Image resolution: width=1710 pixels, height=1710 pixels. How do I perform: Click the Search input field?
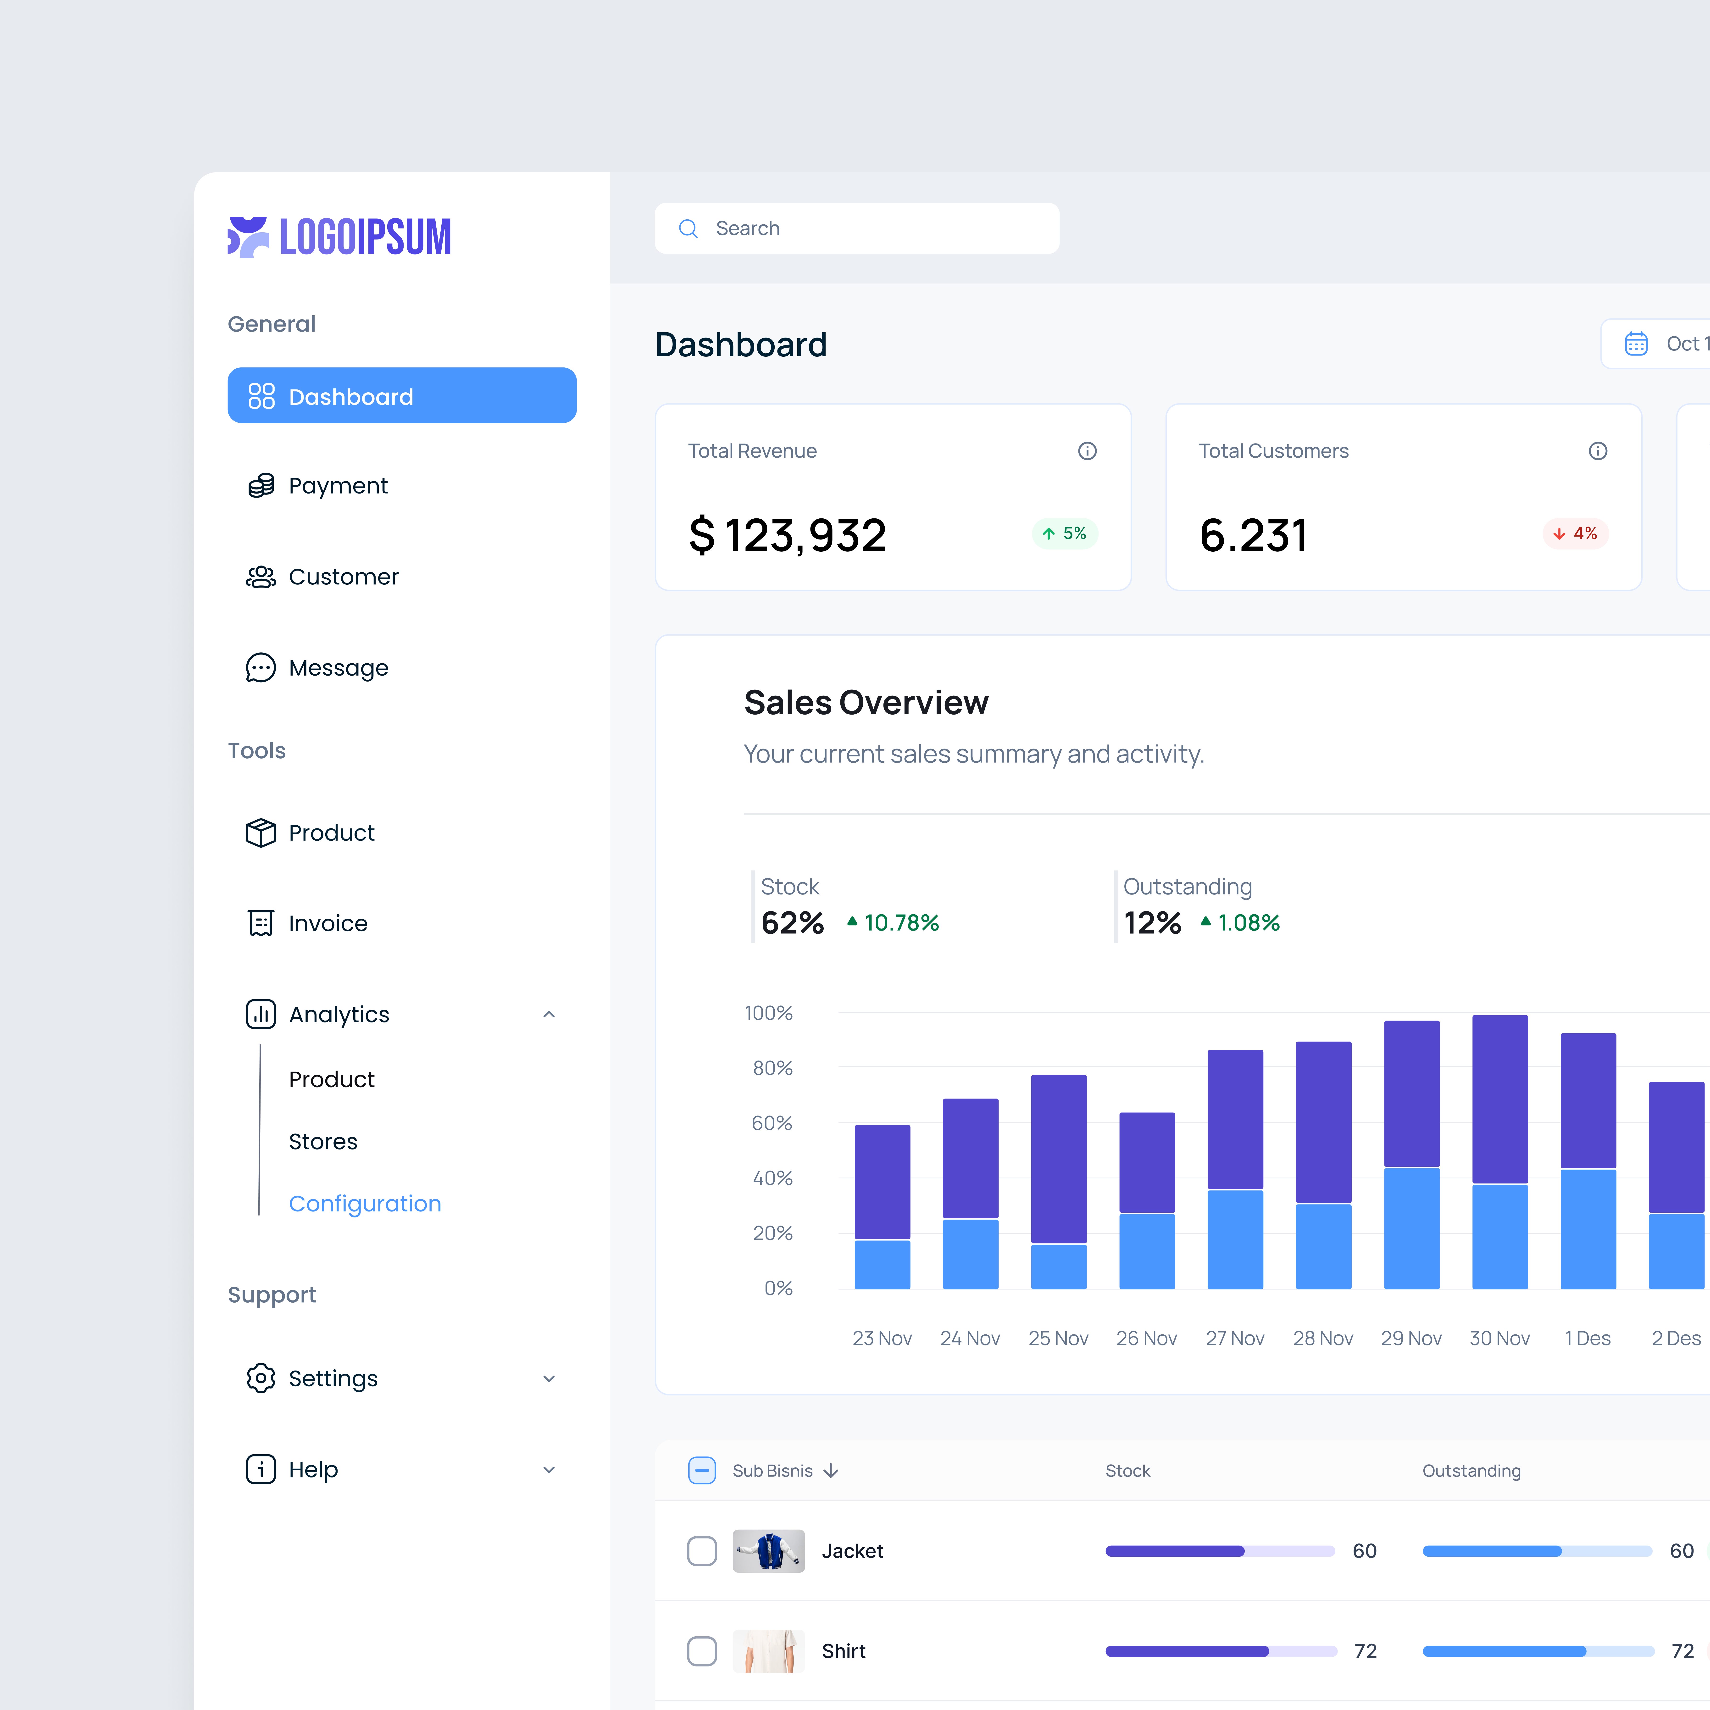click(857, 228)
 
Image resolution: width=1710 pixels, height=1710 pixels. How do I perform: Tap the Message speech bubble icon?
click(260, 668)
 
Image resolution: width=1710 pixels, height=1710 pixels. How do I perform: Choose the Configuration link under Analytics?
click(365, 1204)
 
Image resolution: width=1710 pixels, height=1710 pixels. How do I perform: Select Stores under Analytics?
click(323, 1142)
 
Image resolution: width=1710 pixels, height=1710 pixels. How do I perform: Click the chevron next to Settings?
click(549, 1379)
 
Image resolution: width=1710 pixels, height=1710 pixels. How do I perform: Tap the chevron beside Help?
click(549, 1470)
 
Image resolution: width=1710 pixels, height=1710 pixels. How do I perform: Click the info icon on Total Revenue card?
click(1087, 451)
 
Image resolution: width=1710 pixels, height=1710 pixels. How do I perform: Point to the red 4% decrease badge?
click(1576, 534)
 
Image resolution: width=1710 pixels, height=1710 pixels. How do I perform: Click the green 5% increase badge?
click(1065, 534)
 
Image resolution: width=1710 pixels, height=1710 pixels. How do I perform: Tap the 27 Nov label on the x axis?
click(1235, 1338)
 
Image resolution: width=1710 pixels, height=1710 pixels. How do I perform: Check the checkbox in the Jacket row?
click(702, 1551)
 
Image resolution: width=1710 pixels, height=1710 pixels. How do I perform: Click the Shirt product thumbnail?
click(768, 1651)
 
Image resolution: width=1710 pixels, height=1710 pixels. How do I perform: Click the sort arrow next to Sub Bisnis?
click(830, 1471)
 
